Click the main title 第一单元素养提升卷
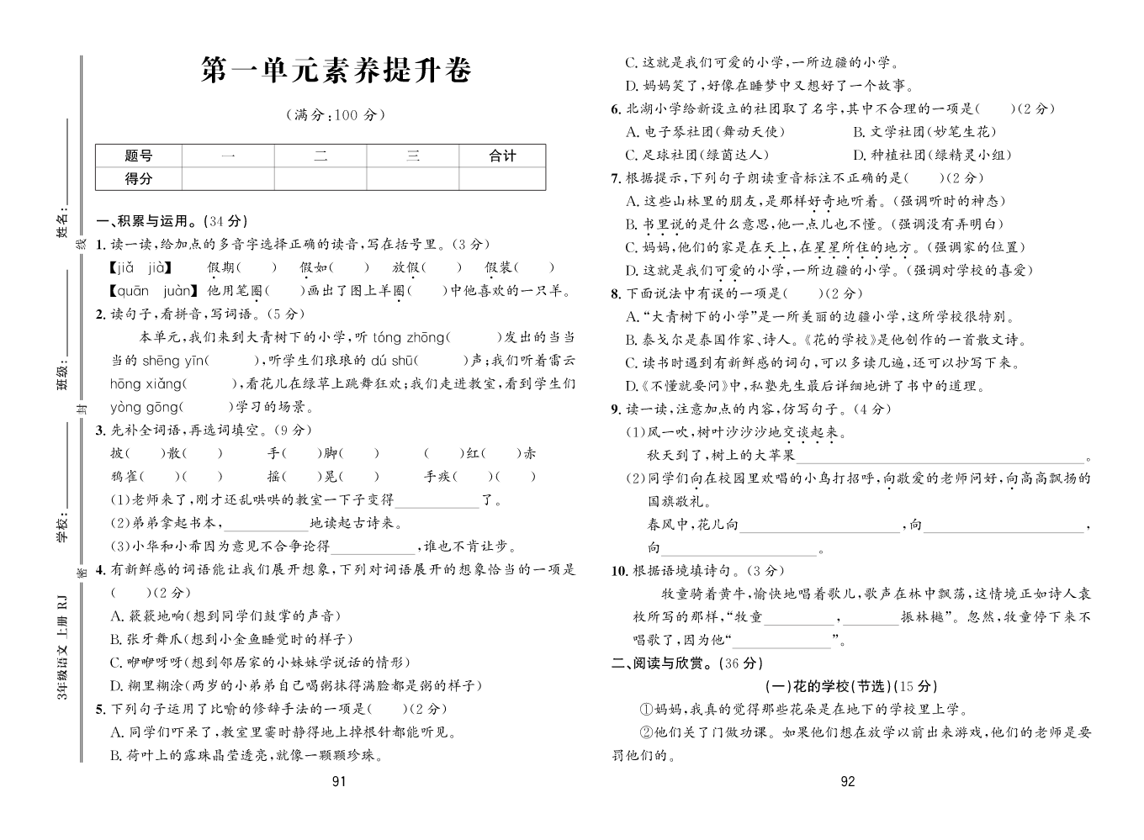pyautogui.click(x=336, y=71)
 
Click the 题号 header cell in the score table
pyautogui.click(x=139, y=156)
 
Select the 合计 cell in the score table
pyautogui.click(x=502, y=156)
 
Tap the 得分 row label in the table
pyautogui.click(x=139, y=178)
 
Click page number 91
pyautogui.click(x=339, y=781)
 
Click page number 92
pyautogui.click(x=847, y=781)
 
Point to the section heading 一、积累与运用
pyautogui.click(x=172, y=221)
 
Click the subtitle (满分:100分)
pyautogui.click(x=335, y=115)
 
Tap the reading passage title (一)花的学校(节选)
pyautogui.click(x=851, y=686)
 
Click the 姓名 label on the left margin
pyautogui.click(x=61, y=225)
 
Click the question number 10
pyautogui.click(x=619, y=571)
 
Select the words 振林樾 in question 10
pyautogui.click(x=924, y=616)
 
